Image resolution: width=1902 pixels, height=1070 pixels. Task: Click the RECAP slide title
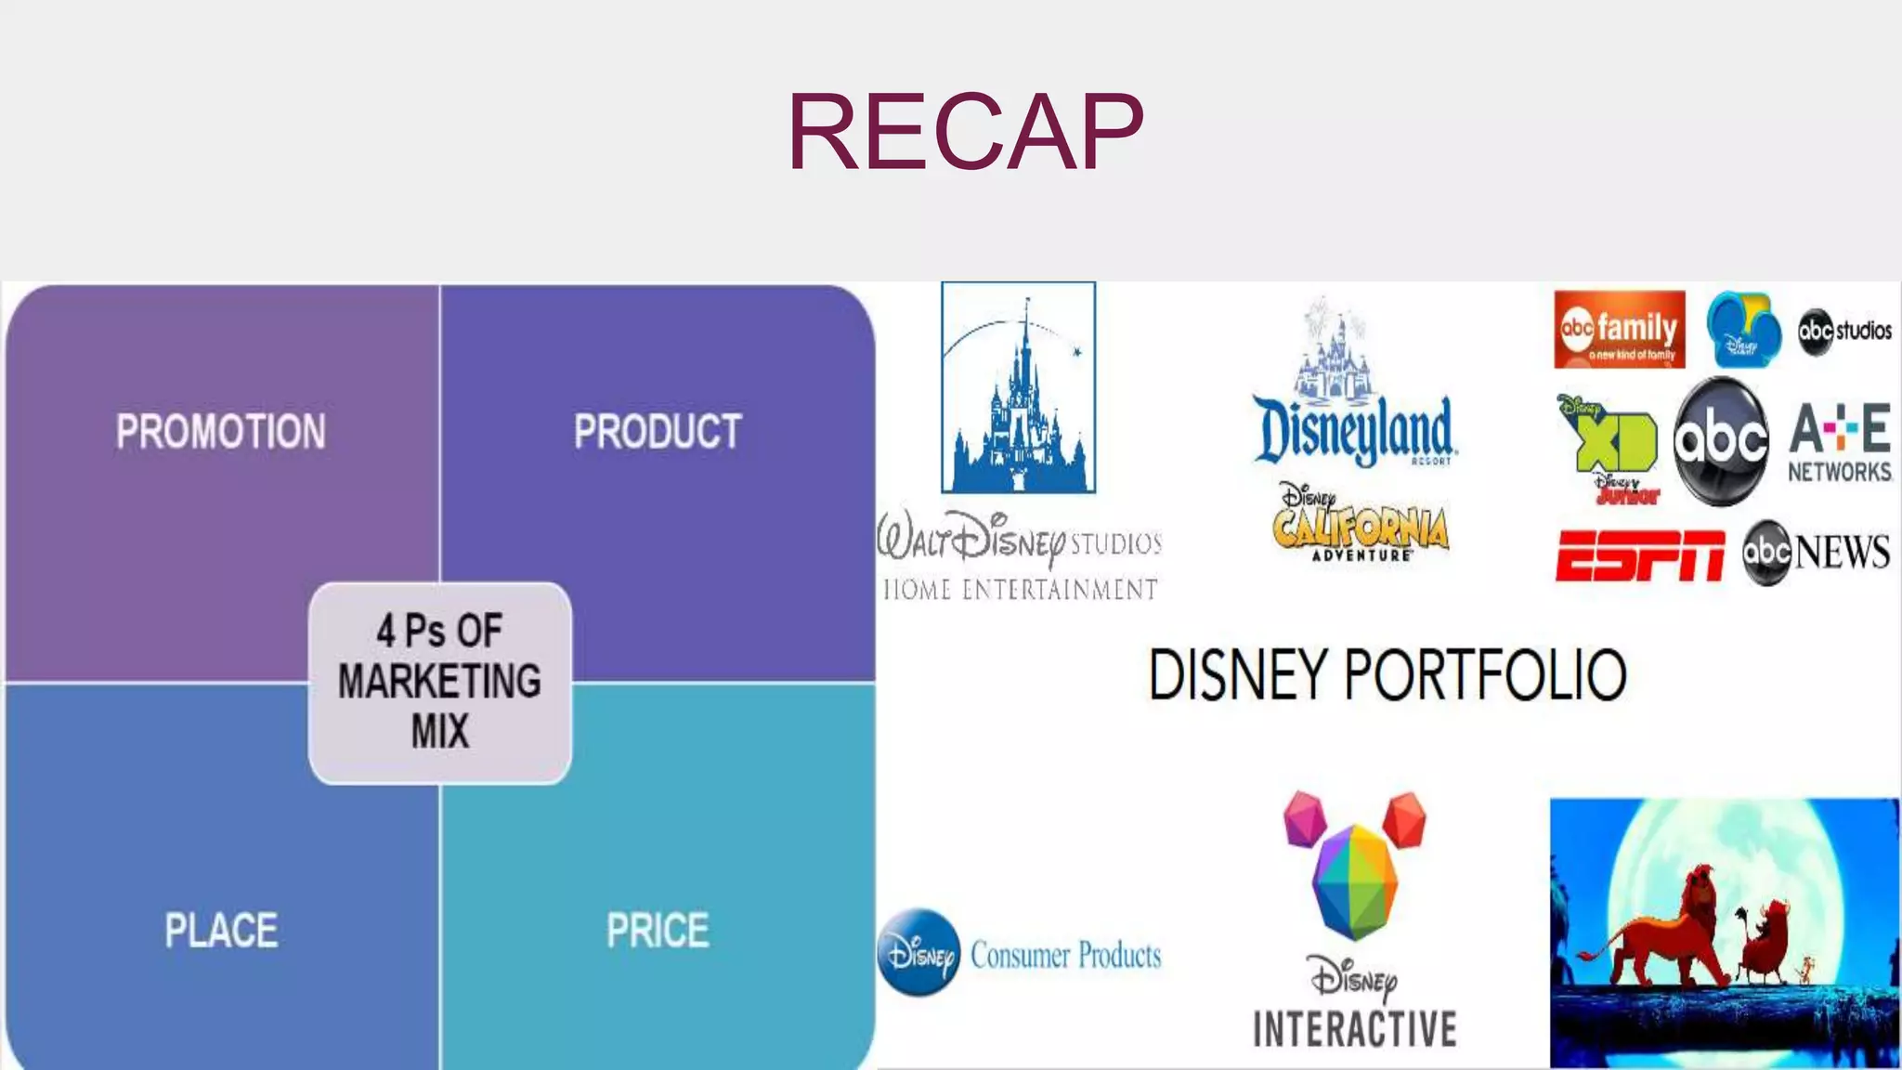(965, 132)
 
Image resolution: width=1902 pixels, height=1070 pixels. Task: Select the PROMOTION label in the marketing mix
(221, 432)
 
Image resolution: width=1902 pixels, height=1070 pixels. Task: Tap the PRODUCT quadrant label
(658, 432)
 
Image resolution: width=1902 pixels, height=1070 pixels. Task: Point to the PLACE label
(221, 931)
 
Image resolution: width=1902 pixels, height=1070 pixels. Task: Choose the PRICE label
(658, 931)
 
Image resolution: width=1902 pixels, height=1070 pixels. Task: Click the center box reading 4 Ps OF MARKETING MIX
(440, 682)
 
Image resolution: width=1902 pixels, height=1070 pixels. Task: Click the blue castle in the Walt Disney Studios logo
(1019, 399)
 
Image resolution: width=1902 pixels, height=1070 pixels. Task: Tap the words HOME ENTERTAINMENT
(1020, 590)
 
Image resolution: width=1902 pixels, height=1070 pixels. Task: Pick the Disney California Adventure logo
(1361, 525)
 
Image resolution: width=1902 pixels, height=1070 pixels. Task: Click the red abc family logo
(1619, 330)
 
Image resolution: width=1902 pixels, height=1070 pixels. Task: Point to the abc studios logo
(1844, 331)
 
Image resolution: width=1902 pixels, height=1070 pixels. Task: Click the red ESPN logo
(1639, 555)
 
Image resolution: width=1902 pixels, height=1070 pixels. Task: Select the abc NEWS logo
(1816, 553)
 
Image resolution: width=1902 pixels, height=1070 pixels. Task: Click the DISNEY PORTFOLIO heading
(1387, 675)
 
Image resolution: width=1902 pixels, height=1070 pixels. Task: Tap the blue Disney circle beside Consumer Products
(918, 953)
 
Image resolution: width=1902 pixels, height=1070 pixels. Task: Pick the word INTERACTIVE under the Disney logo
(1355, 1029)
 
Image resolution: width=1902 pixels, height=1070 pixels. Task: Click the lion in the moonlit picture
(1662, 929)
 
